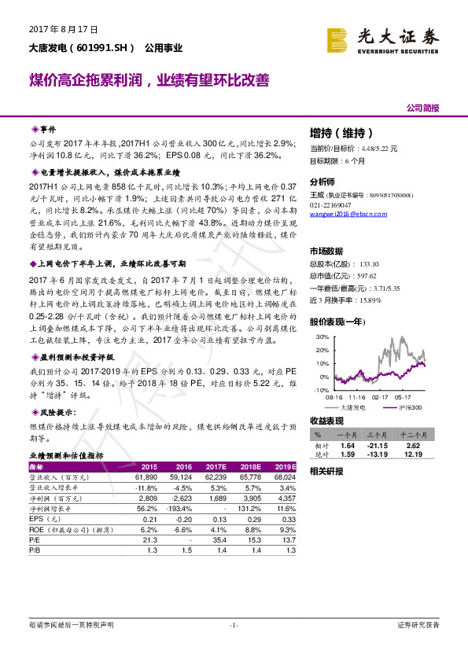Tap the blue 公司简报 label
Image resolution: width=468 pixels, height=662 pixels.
(x=422, y=107)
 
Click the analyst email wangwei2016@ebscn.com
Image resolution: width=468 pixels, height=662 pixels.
(x=342, y=214)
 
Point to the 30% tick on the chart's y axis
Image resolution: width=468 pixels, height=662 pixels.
(x=320, y=337)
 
